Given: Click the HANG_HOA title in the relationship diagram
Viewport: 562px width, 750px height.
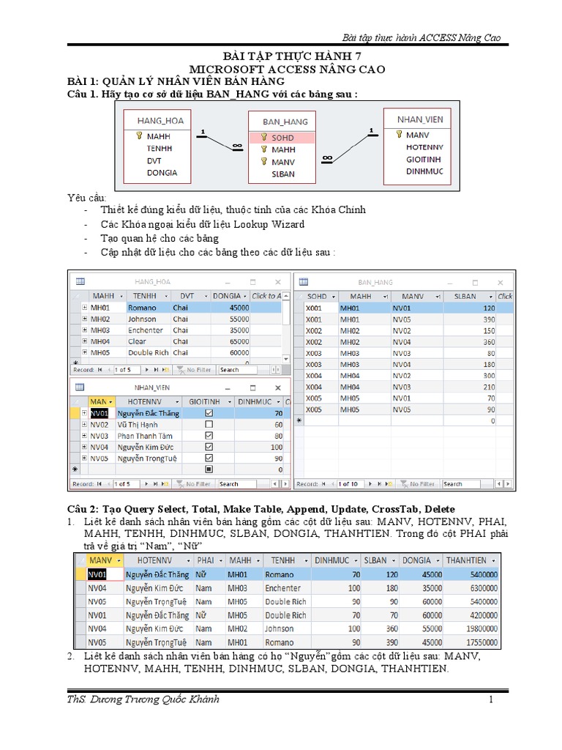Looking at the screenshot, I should click(160, 120).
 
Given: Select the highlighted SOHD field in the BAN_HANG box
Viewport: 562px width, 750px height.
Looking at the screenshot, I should click(282, 138).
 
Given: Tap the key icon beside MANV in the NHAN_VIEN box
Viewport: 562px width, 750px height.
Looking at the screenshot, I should click(398, 135).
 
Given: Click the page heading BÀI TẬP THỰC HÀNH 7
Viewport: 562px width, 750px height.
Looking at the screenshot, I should click(282, 56).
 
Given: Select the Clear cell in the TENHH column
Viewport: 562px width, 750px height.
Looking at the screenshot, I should click(137, 341).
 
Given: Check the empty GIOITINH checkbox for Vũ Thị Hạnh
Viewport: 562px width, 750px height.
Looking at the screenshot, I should click(209, 425).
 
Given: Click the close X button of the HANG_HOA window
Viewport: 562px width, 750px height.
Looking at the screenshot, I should click(277, 282).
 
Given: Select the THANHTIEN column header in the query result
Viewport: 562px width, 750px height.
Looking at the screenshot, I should click(465, 560).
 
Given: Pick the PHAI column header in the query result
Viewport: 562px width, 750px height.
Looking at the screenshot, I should click(205, 560).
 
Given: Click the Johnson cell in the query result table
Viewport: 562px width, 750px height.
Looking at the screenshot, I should click(279, 628).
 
